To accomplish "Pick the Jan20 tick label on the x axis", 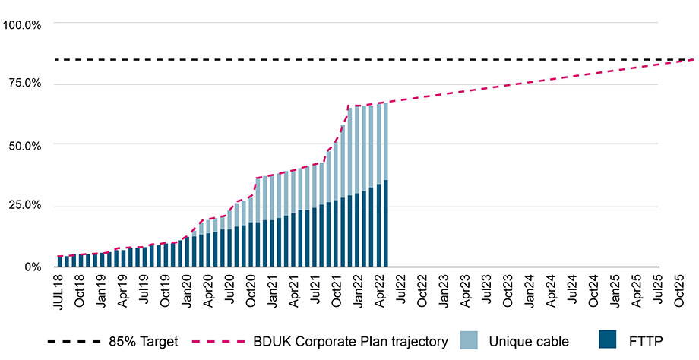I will (188, 290).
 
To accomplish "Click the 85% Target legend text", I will (144, 342).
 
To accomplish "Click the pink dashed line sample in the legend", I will (221, 342).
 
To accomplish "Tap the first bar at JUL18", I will (60, 261).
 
